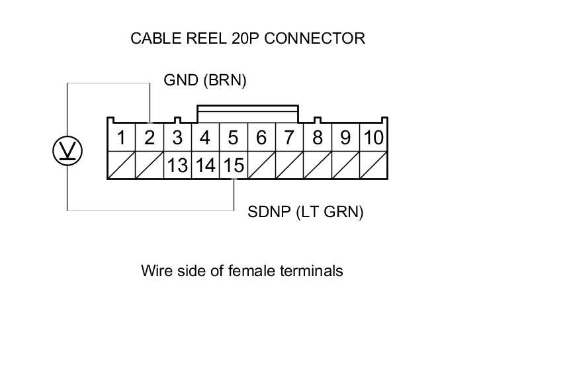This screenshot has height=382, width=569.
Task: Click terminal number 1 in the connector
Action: pos(122,138)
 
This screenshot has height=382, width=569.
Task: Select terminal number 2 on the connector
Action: pos(150,138)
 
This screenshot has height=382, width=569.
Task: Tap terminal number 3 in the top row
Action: pos(177,138)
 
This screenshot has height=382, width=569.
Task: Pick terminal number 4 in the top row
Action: pos(205,138)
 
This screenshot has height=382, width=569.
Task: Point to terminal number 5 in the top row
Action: pos(233,138)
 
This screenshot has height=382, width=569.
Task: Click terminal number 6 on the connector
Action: pos(261,138)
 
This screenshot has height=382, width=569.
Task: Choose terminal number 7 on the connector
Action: pos(289,138)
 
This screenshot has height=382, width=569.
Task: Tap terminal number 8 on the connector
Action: pos(318,138)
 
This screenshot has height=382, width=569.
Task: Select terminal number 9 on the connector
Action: pos(345,138)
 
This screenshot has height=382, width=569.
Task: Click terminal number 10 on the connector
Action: pos(374,138)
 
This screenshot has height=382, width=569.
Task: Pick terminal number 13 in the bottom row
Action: pos(177,166)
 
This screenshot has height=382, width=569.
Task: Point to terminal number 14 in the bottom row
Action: pos(205,166)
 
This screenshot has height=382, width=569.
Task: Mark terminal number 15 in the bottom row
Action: pos(233,166)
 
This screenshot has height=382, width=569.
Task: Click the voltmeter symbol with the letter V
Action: pos(67,152)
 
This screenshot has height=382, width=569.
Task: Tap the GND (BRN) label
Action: pos(205,81)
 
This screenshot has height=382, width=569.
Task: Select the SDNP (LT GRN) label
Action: pos(306,213)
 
